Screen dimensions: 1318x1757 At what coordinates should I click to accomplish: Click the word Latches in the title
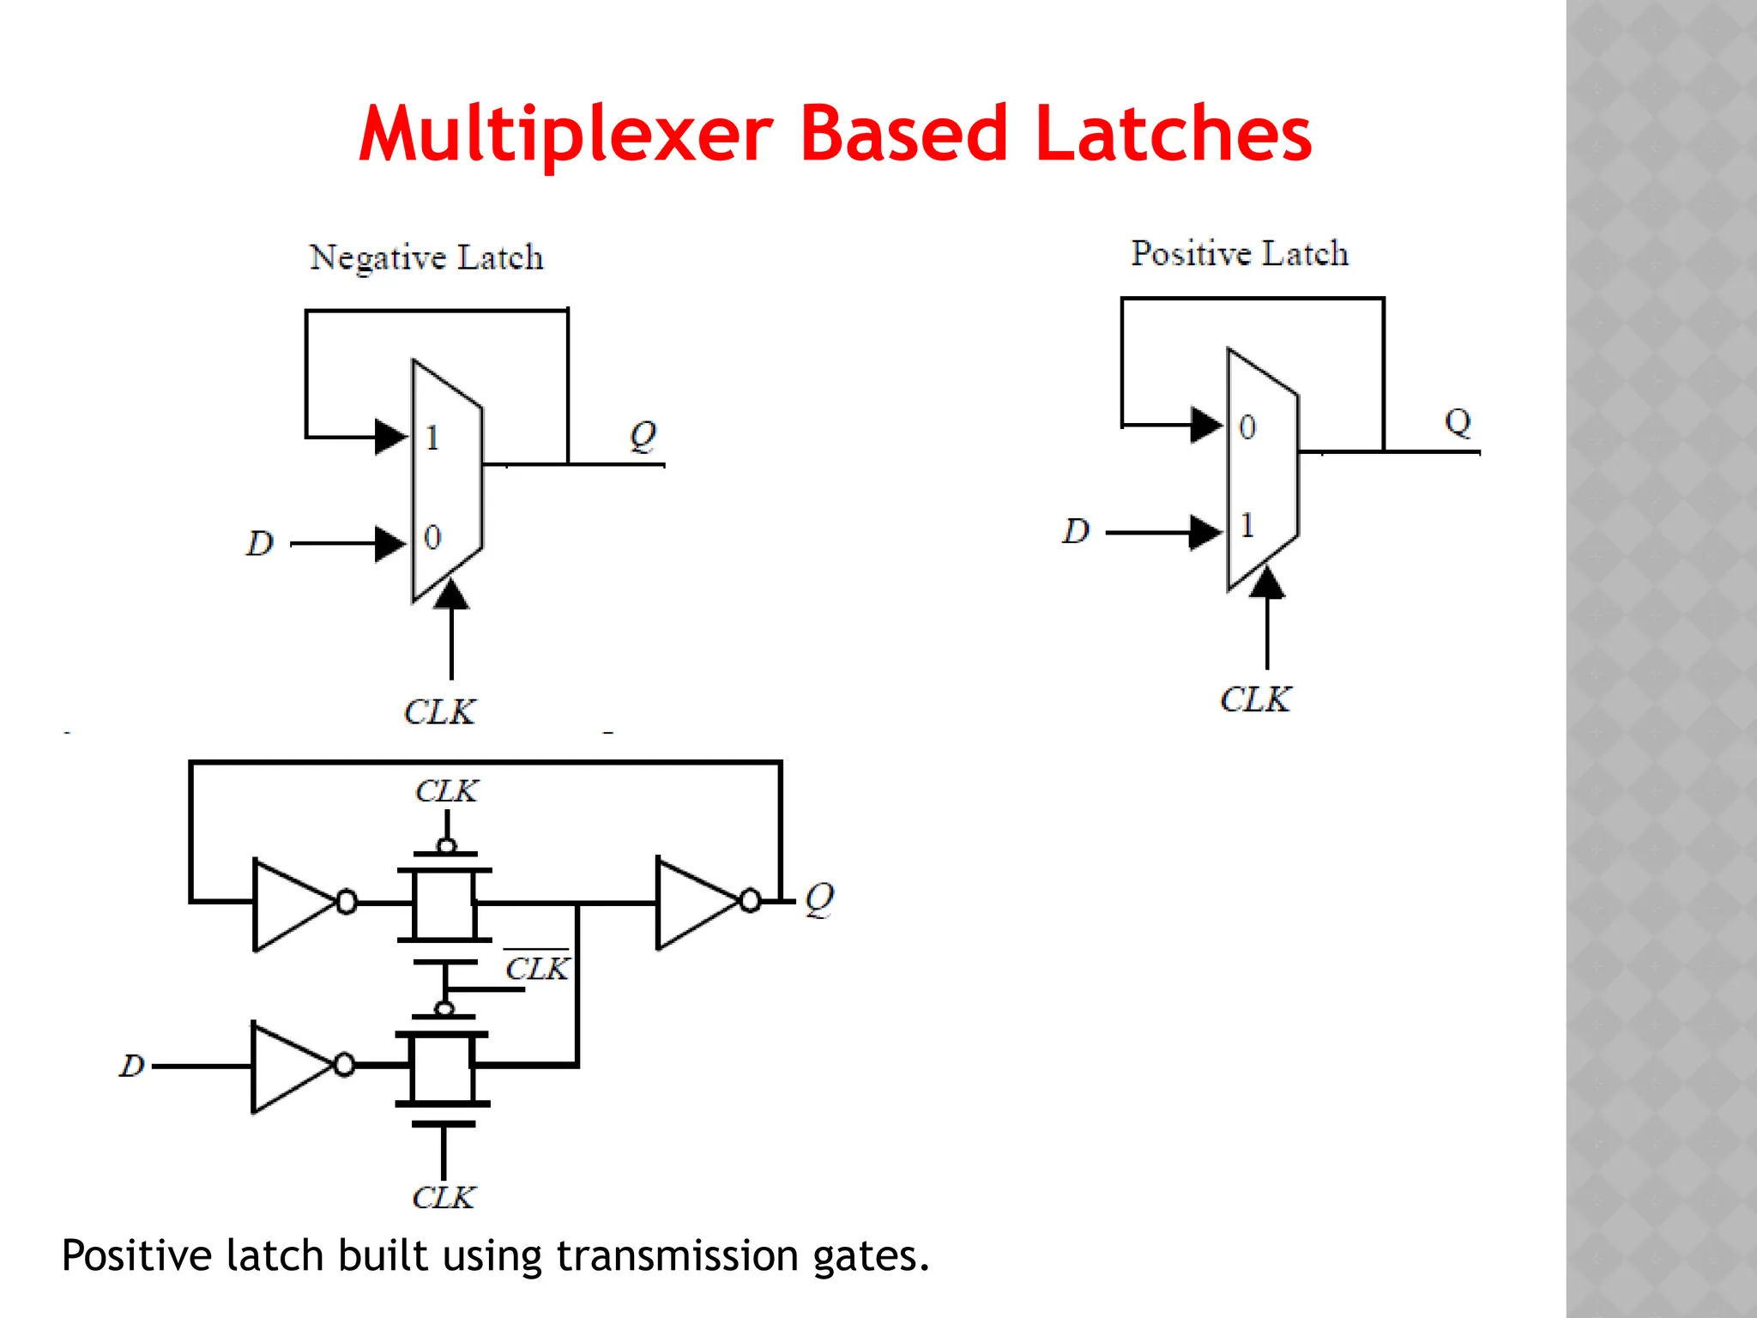click(x=1173, y=135)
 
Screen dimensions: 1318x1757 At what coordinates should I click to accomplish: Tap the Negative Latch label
click(x=426, y=257)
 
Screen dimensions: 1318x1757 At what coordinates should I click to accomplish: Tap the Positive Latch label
click(x=1239, y=254)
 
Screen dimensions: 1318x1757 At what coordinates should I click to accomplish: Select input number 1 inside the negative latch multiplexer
click(x=432, y=438)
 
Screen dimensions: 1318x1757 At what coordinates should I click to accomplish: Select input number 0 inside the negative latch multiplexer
click(x=432, y=538)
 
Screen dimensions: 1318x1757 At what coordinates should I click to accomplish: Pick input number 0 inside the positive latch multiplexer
click(x=1247, y=427)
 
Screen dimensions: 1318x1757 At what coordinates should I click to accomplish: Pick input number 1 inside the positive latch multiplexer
click(x=1247, y=525)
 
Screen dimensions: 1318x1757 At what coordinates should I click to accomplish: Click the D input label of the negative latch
click(x=259, y=544)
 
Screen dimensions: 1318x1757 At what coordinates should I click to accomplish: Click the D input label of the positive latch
click(x=1075, y=532)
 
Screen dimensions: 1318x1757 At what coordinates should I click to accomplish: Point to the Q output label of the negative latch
click(x=643, y=435)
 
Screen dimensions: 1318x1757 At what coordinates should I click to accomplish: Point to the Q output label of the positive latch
click(x=1458, y=422)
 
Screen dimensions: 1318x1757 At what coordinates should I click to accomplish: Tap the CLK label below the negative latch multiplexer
click(x=439, y=712)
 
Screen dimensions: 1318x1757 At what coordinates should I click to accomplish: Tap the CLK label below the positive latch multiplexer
click(x=1255, y=699)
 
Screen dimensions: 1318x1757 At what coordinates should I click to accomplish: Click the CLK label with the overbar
click(x=537, y=969)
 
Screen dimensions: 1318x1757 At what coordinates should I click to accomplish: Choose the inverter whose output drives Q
click(x=697, y=902)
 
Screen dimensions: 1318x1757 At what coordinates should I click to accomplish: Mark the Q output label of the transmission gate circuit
click(x=819, y=899)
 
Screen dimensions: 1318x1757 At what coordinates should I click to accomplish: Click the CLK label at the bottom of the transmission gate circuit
click(x=443, y=1198)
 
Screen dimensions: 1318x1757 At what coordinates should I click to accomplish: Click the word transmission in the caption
click(x=678, y=1256)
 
